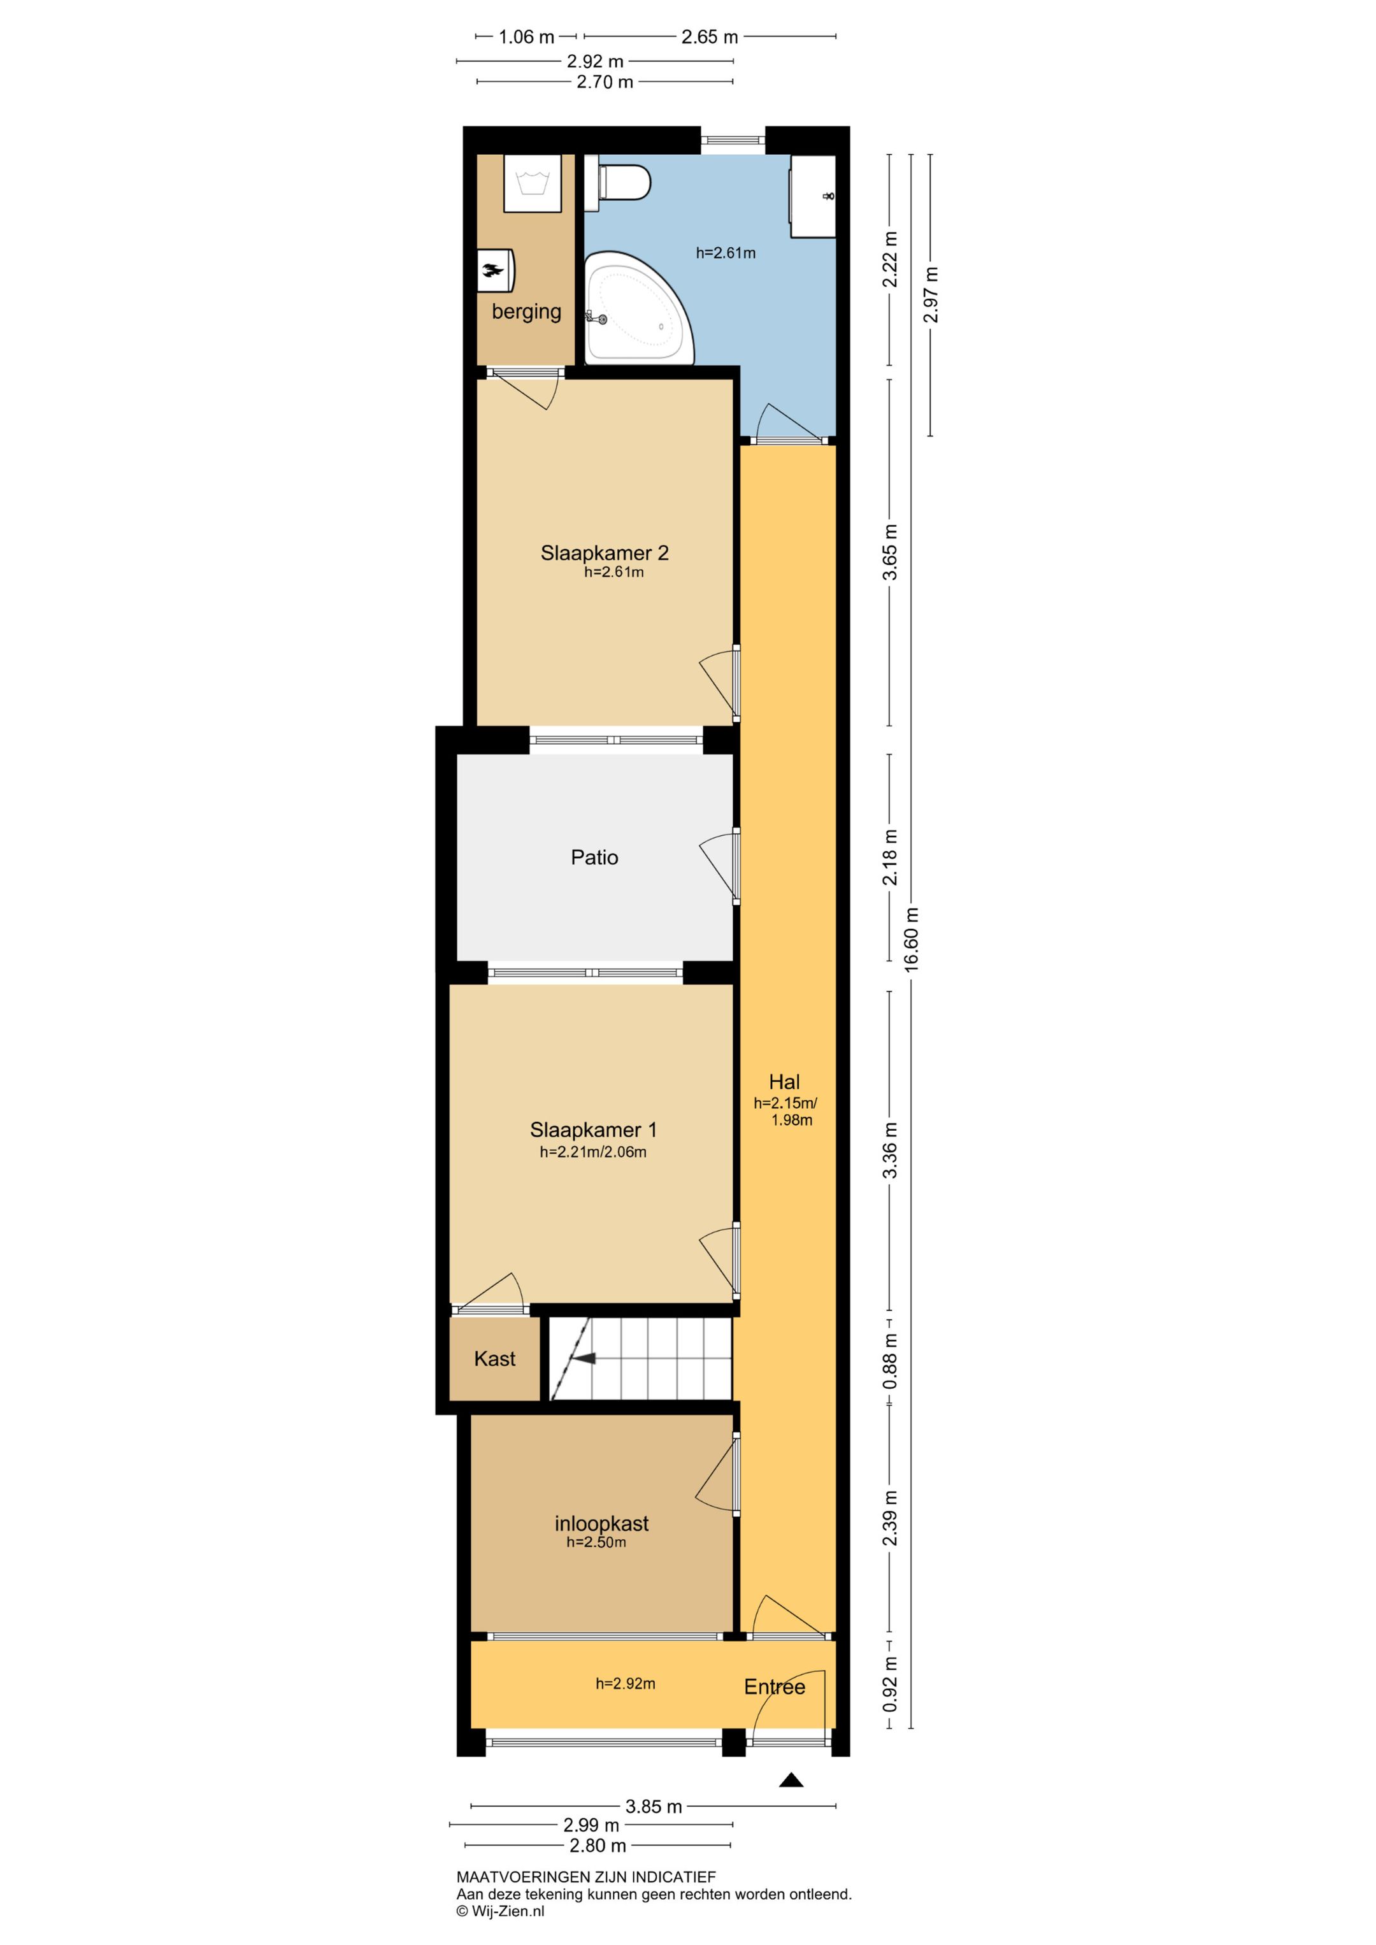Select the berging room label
pyautogui.click(x=526, y=312)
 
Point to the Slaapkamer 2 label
pyautogui.click(x=605, y=553)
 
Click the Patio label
pyautogui.click(x=595, y=858)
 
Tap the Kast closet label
pyautogui.click(x=495, y=1359)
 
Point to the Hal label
pyautogui.click(x=785, y=1082)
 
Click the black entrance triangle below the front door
pyautogui.click(x=791, y=1780)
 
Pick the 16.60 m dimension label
pyautogui.click(x=912, y=938)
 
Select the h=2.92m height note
pyautogui.click(x=626, y=1683)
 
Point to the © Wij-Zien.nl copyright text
pyautogui.click(x=501, y=1911)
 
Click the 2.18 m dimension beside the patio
pyautogui.click(x=890, y=858)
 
